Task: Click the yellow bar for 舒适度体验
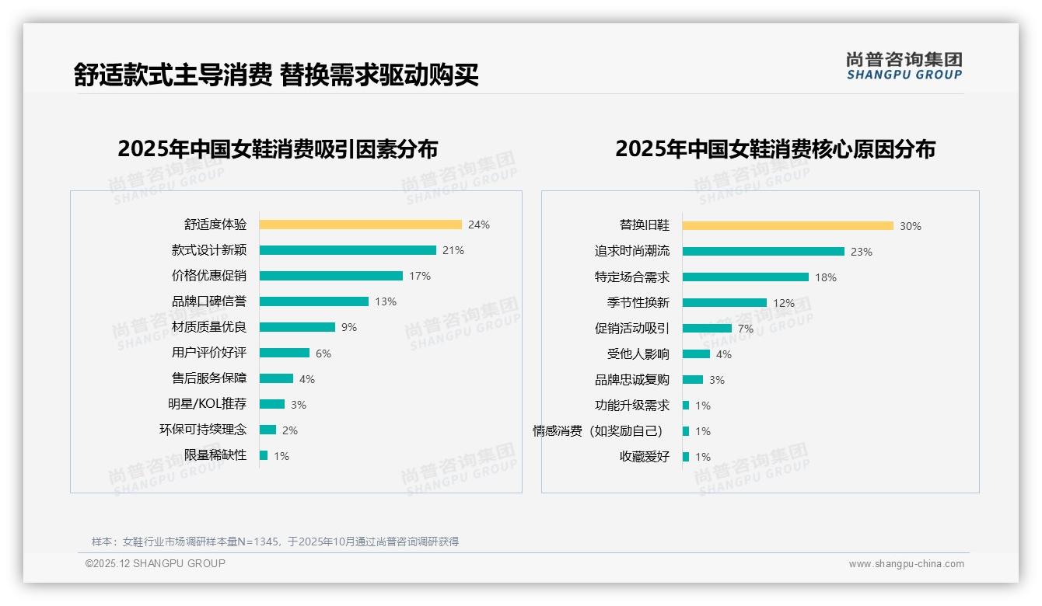360,225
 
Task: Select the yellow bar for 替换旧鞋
788,226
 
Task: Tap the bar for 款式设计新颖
348,250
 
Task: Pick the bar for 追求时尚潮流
763,252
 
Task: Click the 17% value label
420,276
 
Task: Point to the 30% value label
910,226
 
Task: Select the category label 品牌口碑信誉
208,301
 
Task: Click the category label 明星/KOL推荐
207,404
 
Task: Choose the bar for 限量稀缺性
264,455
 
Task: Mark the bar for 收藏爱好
686,457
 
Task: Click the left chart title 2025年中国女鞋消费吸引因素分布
278,148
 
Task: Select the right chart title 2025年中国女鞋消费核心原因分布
775,148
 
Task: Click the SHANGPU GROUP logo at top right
904,66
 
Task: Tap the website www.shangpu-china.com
906,564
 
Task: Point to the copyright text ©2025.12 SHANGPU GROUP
156,563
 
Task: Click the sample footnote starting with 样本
275,542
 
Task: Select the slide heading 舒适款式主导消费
173,75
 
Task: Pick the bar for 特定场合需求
745,277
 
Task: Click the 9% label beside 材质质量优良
348,327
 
